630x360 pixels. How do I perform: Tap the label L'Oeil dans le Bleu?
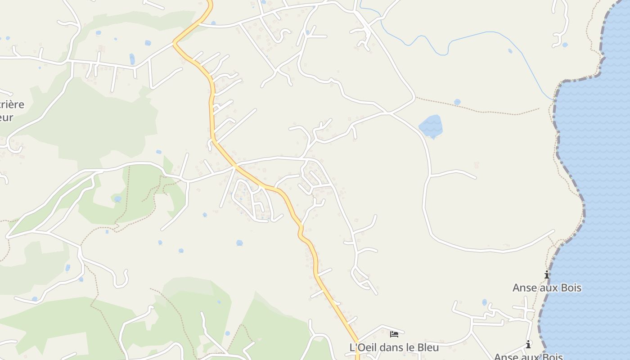click(x=394, y=347)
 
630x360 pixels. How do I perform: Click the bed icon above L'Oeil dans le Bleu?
click(x=394, y=334)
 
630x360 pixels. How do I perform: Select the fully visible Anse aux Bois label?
click(x=547, y=288)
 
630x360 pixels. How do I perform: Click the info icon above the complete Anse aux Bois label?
click(x=547, y=274)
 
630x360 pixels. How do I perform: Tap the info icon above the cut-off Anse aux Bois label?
click(x=528, y=345)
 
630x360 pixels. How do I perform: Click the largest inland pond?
click(x=431, y=126)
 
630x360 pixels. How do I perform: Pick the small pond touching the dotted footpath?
click(x=457, y=102)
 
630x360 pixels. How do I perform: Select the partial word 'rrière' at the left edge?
click(x=12, y=104)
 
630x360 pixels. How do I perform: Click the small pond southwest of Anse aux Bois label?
click(x=484, y=302)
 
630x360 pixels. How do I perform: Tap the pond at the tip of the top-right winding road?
click(x=565, y=45)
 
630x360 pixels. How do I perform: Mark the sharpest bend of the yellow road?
click(x=175, y=44)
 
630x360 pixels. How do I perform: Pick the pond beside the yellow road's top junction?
click(x=213, y=22)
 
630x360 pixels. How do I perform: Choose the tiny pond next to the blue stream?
click(x=510, y=51)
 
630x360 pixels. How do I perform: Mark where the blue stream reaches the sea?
click(x=553, y=99)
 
